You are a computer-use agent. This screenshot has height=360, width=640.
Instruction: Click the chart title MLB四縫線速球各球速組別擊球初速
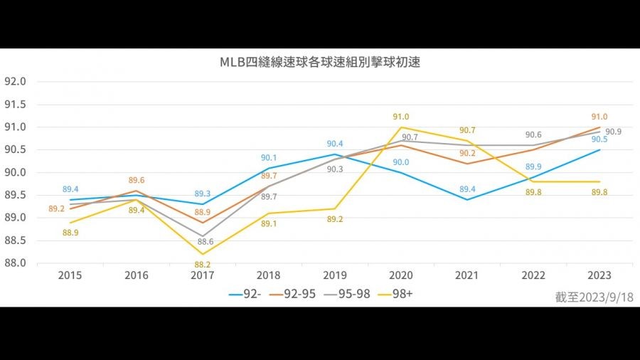(320, 62)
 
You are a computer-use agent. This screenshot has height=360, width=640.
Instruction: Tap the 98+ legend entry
(402, 292)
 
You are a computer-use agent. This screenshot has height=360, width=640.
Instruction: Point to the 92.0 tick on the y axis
(15, 82)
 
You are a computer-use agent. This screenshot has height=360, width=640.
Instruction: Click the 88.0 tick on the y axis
(15, 263)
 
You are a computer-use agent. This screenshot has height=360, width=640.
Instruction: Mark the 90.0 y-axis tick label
(15, 173)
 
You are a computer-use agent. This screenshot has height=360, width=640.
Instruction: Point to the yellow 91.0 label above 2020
(401, 117)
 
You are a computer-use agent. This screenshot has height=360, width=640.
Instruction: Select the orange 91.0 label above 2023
(599, 117)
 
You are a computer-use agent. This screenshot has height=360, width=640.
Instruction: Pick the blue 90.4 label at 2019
(335, 144)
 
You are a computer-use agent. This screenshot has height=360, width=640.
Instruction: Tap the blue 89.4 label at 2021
(467, 189)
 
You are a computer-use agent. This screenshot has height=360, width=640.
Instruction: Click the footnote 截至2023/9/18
(594, 297)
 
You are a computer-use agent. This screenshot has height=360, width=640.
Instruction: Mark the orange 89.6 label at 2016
(137, 181)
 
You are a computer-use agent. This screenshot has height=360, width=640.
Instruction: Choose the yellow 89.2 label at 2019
(335, 219)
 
